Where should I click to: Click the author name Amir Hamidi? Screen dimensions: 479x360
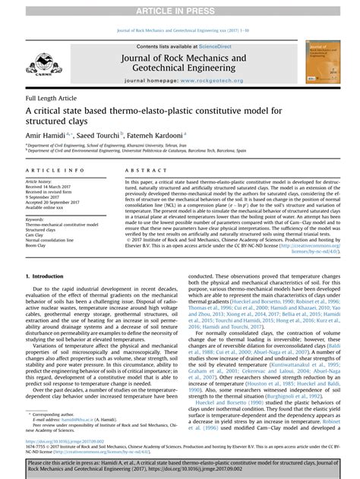(x=43, y=133)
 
